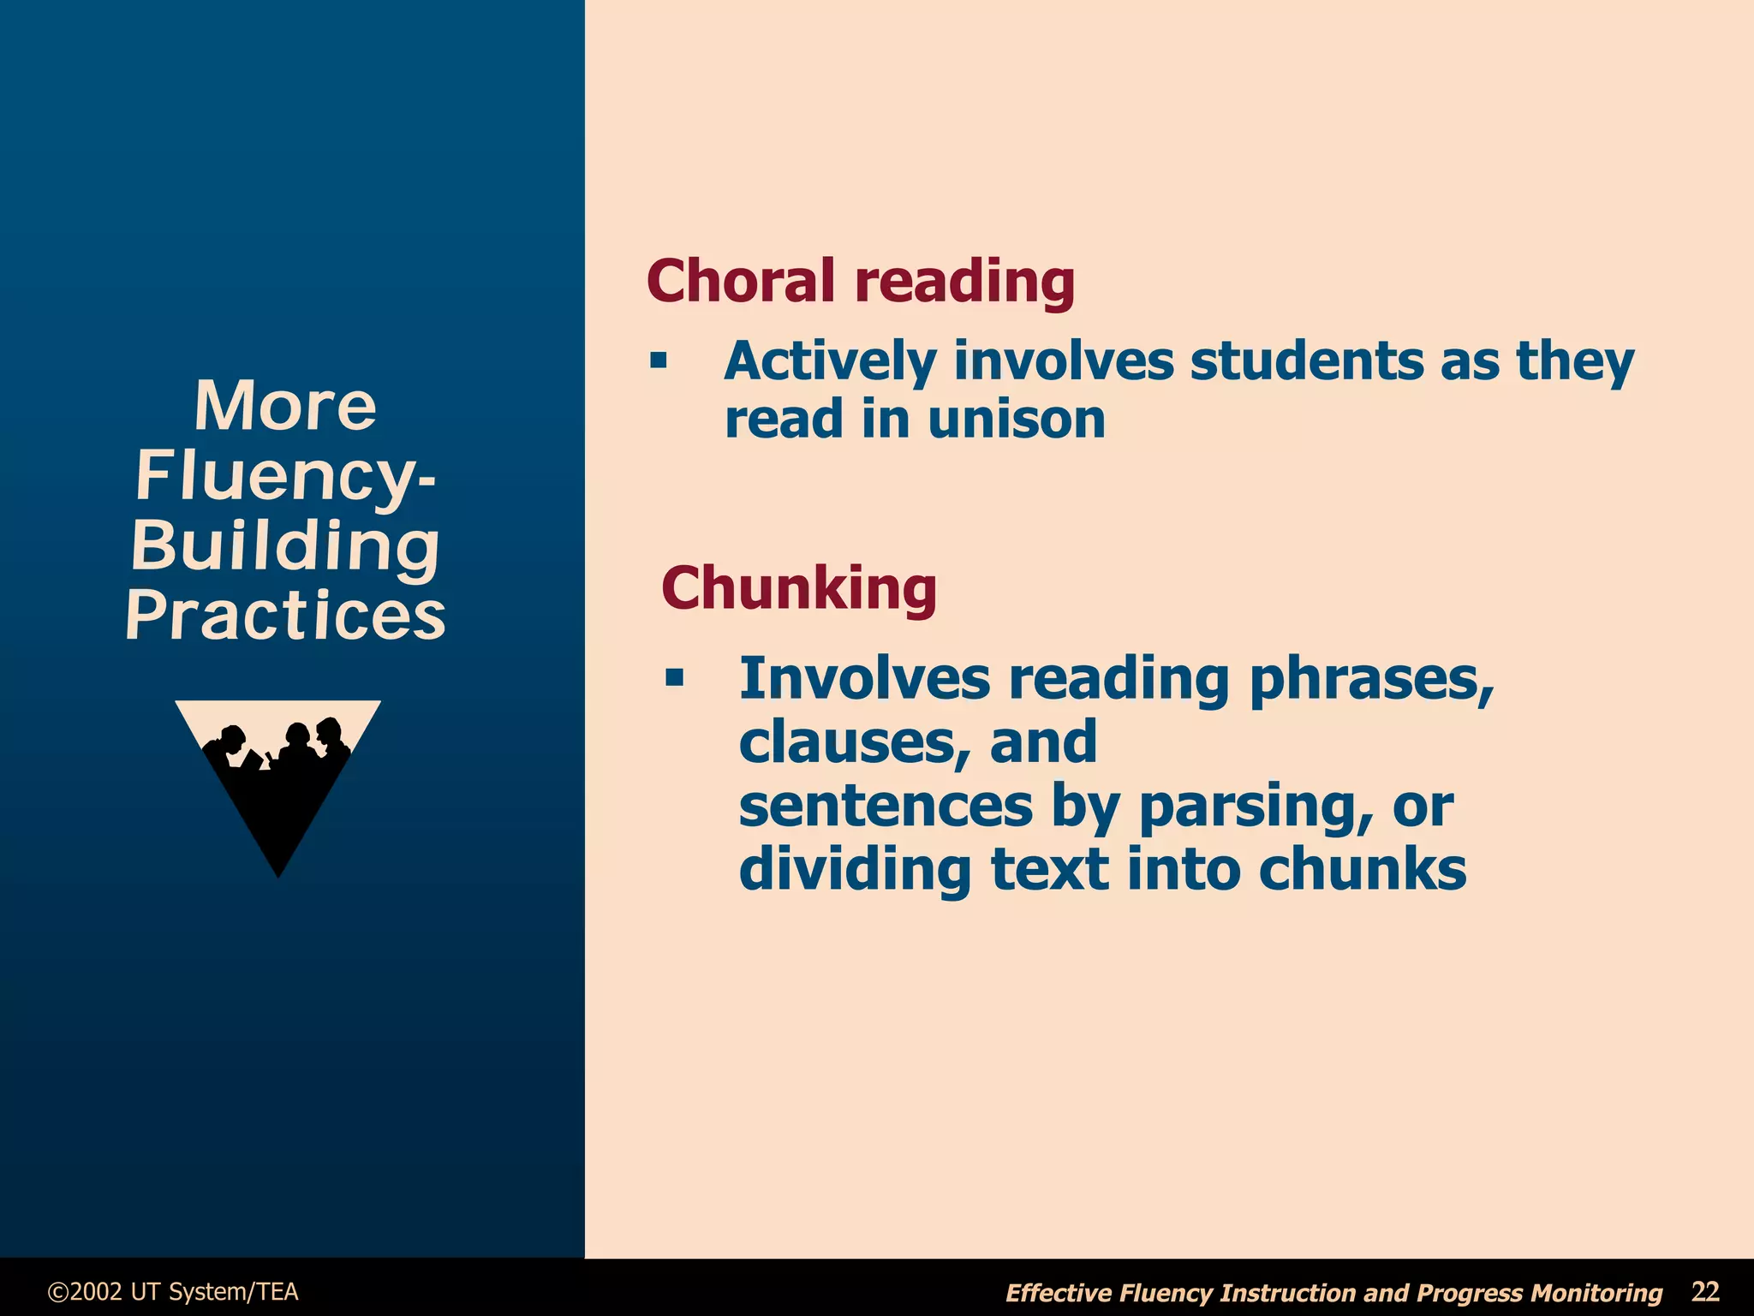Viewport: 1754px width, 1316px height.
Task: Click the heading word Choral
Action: click(x=740, y=281)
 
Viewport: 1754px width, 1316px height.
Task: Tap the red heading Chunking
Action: click(x=799, y=588)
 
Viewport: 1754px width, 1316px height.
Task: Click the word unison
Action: click(x=1017, y=420)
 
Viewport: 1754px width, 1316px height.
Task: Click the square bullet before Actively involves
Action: click(x=658, y=360)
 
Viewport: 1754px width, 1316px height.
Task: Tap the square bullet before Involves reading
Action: click(x=675, y=678)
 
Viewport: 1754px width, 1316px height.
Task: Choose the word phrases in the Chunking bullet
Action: click(x=1371, y=679)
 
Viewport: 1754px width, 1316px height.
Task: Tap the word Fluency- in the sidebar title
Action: click(x=285, y=476)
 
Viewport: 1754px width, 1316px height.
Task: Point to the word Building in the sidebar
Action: click(x=285, y=545)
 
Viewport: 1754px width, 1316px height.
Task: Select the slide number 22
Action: click(x=1705, y=1291)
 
